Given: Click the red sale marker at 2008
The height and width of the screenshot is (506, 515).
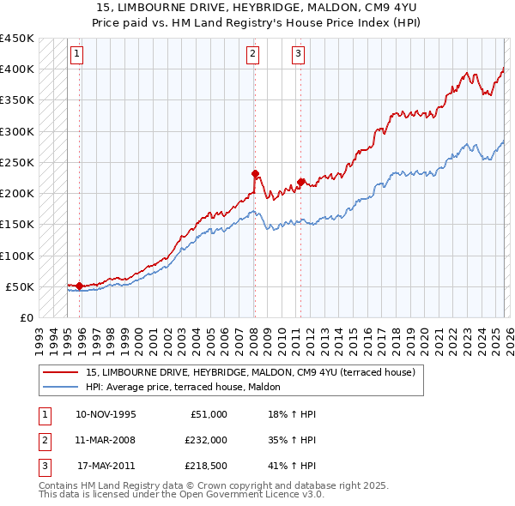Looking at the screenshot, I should pyautogui.click(x=255, y=173).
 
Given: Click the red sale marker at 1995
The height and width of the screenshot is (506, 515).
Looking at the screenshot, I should pyautogui.click(x=80, y=286).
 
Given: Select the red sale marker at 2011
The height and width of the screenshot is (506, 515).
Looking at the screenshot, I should pyautogui.click(x=300, y=182).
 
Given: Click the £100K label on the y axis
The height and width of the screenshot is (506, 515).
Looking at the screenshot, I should pyautogui.click(x=16, y=256).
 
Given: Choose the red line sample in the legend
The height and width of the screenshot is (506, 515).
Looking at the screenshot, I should pyautogui.click(x=61, y=372).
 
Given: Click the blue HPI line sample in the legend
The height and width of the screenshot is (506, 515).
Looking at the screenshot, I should pyautogui.click(x=61, y=386).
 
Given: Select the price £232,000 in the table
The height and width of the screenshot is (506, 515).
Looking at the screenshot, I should pyautogui.click(x=206, y=439).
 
